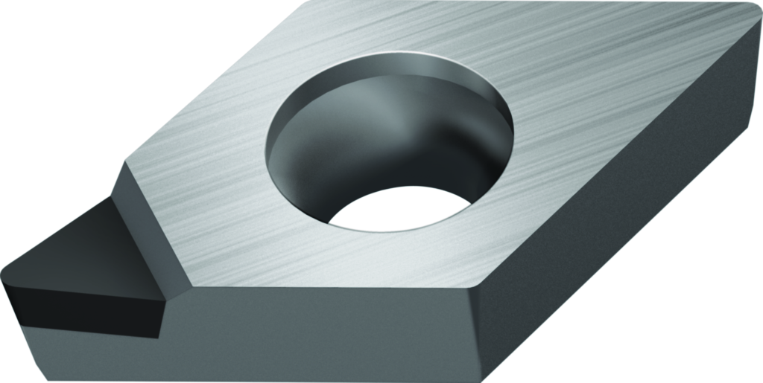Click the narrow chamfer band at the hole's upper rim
pyautogui.click(x=387, y=58)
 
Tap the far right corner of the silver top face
pyautogui.click(x=751, y=9)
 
